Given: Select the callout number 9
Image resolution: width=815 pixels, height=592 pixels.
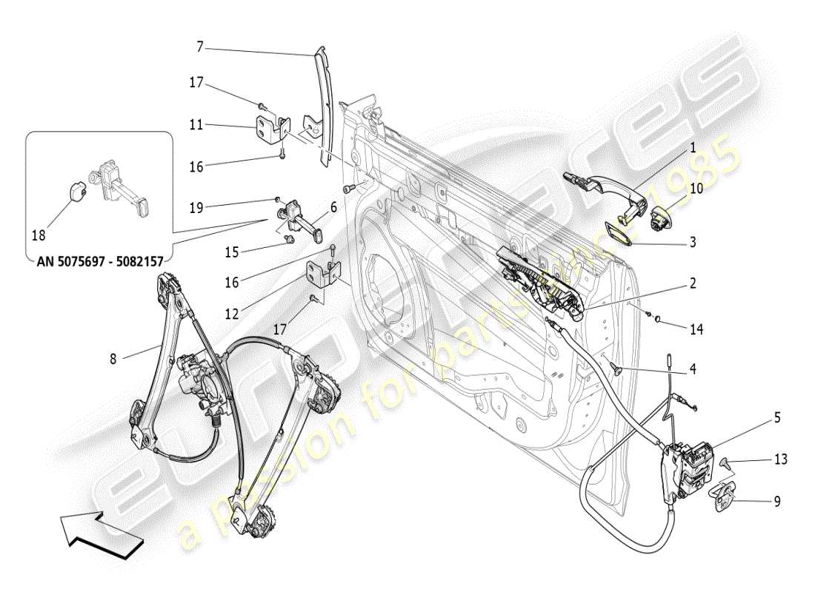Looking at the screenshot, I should (777, 501).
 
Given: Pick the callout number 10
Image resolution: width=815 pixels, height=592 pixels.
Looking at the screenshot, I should (696, 189).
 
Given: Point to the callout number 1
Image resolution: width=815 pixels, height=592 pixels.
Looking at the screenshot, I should (693, 148).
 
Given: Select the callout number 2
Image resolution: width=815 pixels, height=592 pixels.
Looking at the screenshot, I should (693, 283).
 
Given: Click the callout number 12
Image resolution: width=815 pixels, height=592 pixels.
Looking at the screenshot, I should (232, 314).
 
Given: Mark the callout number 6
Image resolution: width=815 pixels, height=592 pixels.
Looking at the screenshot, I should (333, 209).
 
